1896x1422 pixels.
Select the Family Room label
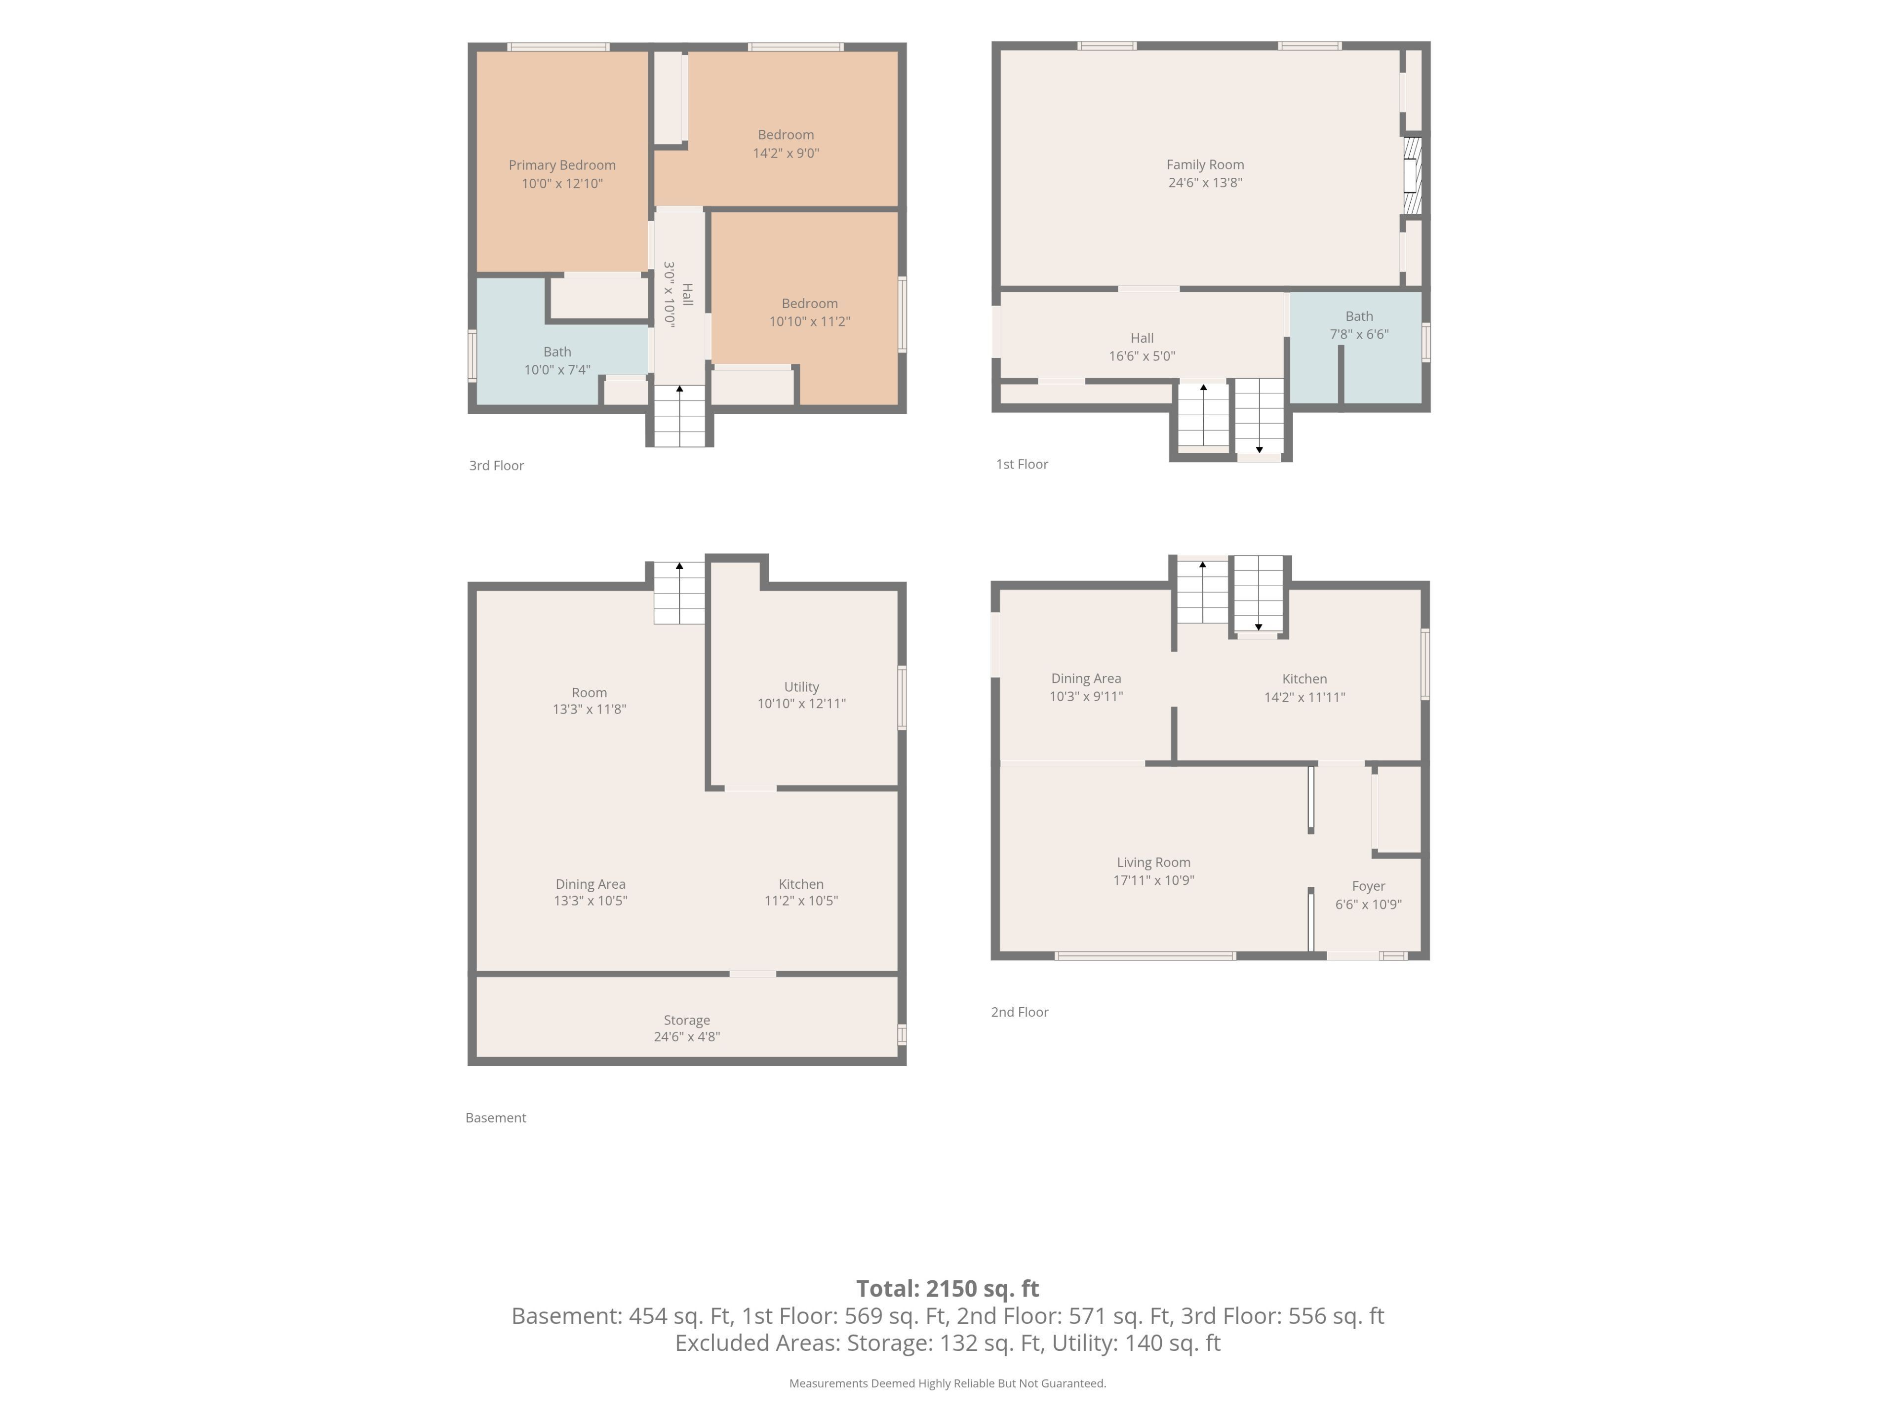tap(1205, 164)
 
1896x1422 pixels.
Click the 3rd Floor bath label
tap(557, 352)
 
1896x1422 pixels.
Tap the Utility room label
tap(801, 687)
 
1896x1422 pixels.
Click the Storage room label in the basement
tap(687, 1020)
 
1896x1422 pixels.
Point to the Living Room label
tap(1154, 862)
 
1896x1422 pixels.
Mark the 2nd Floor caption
tap(1020, 1012)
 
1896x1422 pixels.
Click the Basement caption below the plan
tap(495, 1118)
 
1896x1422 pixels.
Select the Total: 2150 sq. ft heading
tap(948, 1288)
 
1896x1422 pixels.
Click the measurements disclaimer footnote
tap(948, 1383)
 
